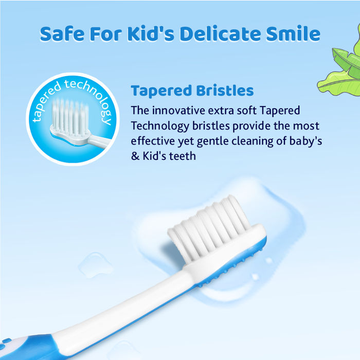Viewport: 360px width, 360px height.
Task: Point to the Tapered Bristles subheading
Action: tap(192, 91)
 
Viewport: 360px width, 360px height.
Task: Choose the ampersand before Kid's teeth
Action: tap(135, 155)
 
